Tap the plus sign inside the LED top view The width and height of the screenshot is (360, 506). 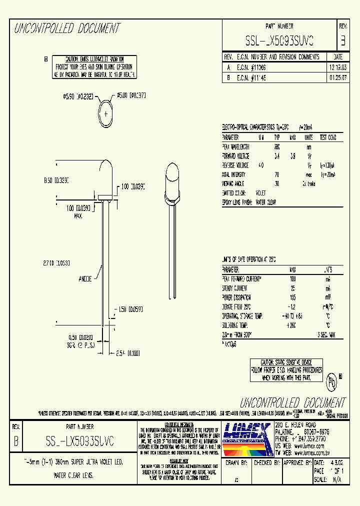[x=107, y=114]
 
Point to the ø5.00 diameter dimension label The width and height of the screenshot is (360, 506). [x=130, y=95]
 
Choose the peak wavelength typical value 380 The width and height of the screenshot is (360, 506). [x=276, y=146]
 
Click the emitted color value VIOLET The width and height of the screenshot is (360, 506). [x=261, y=193]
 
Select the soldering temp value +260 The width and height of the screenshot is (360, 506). [x=293, y=325]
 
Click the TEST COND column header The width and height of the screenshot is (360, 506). [x=328, y=137]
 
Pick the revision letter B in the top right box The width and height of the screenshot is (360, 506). [x=342, y=39]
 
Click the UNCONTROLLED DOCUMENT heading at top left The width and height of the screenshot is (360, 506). [x=66, y=28]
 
